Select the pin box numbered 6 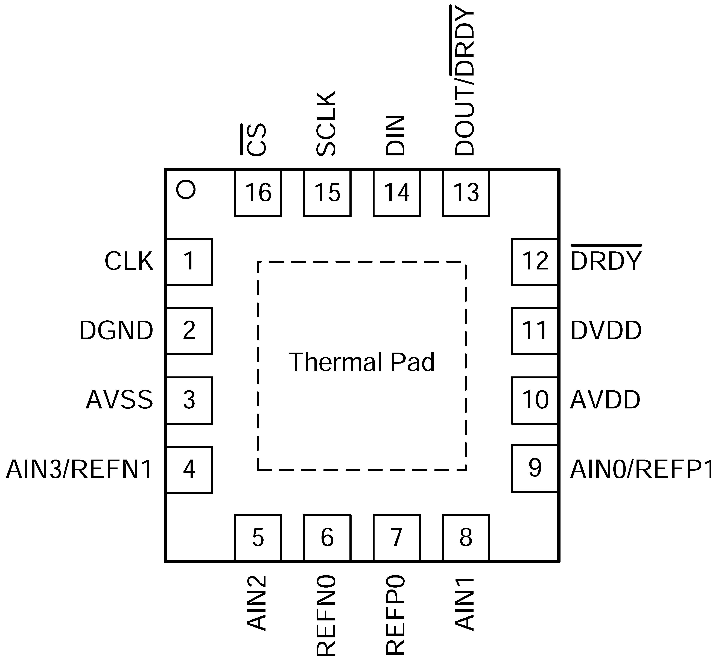(327, 537)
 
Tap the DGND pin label (116, 331)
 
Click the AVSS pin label (119, 400)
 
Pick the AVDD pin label (605, 400)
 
